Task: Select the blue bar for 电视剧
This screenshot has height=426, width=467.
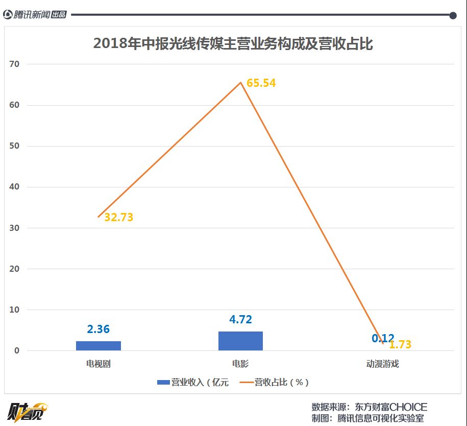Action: (99, 345)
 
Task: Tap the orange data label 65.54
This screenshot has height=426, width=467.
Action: (261, 83)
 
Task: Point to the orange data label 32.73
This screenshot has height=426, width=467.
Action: (118, 217)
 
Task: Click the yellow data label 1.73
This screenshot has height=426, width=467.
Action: (400, 345)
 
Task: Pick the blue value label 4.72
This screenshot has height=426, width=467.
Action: (240, 320)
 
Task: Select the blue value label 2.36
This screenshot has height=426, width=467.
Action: (99, 329)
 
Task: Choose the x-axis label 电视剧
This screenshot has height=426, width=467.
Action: (99, 364)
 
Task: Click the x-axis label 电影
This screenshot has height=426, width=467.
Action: (240, 364)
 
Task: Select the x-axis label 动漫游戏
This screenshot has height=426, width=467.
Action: (382, 364)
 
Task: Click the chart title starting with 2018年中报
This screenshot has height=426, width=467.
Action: (233, 44)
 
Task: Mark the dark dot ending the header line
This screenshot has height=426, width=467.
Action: (453, 15)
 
